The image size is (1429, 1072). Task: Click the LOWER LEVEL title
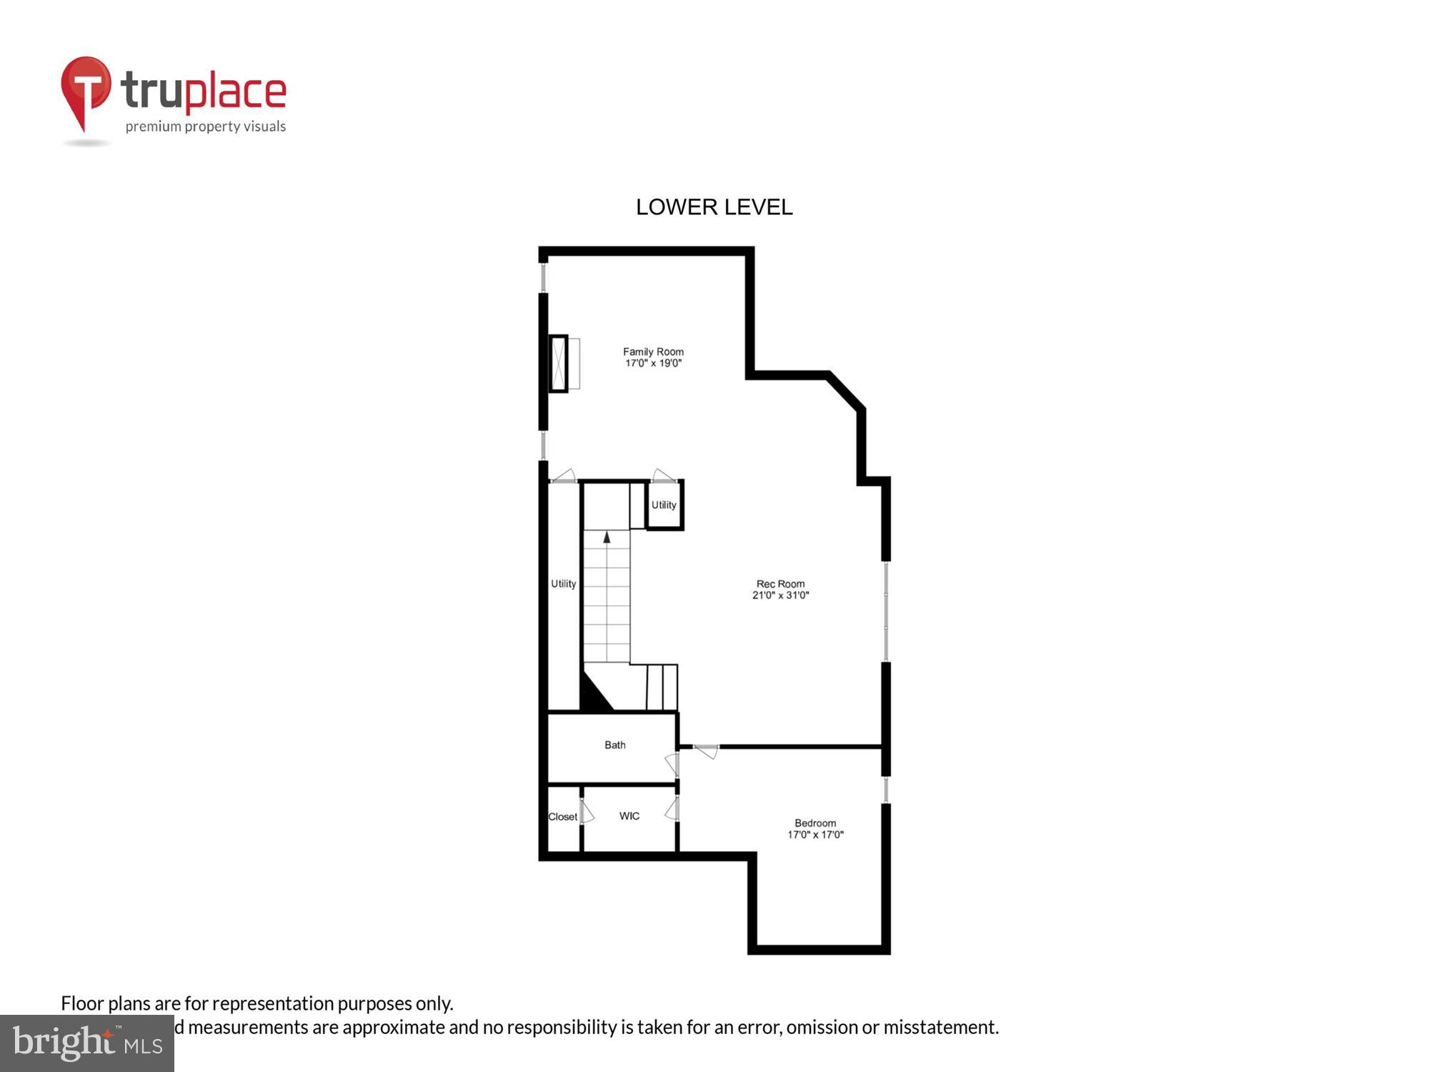pyautogui.click(x=714, y=207)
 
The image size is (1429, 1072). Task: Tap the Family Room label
pyautogui.click(x=653, y=352)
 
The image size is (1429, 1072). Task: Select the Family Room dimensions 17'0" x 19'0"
pyautogui.click(x=653, y=363)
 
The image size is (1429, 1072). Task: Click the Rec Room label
pyautogui.click(x=780, y=584)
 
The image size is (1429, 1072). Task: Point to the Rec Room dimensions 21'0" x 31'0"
pyautogui.click(x=780, y=595)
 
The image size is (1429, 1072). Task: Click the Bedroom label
pyautogui.click(x=815, y=823)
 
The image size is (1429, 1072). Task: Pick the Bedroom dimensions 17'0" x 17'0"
pyautogui.click(x=815, y=835)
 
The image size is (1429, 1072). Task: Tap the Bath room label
pyautogui.click(x=614, y=745)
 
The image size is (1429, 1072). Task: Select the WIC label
pyautogui.click(x=629, y=816)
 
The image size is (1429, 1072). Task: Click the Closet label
pyautogui.click(x=562, y=817)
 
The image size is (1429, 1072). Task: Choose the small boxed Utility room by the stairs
pyautogui.click(x=664, y=505)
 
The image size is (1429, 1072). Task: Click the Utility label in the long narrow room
pyautogui.click(x=563, y=584)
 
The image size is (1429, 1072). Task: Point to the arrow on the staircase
pyautogui.click(x=607, y=537)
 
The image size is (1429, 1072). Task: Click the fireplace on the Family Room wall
pyautogui.click(x=559, y=363)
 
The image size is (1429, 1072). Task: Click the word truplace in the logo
pyautogui.click(x=204, y=91)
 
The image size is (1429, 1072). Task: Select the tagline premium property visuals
pyautogui.click(x=206, y=127)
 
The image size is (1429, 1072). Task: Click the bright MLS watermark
pyautogui.click(x=87, y=1043)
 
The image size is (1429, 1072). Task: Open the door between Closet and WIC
pyautogui.click(x=585, y=813)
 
